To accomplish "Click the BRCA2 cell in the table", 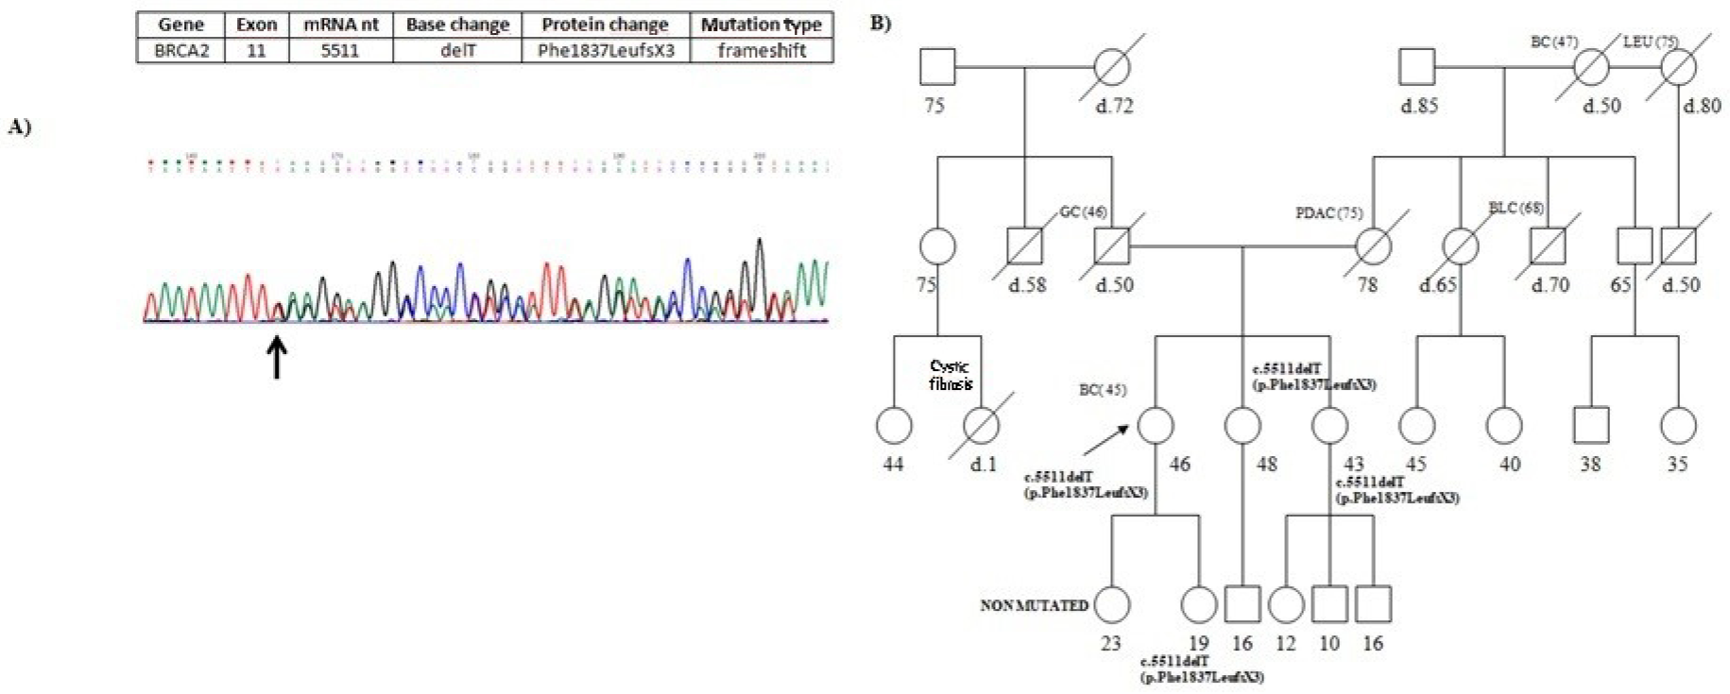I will point(181,51).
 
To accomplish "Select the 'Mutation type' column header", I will point(761,25).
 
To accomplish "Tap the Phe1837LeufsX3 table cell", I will point(606,51).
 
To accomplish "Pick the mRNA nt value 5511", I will point(340,51).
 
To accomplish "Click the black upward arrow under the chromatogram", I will point(277,358).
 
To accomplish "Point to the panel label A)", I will point(20,127).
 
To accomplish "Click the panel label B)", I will point(880,23).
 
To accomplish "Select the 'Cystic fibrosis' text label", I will point(950,375).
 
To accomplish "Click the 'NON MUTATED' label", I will point(1034,605).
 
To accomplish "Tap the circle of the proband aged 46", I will point(1155,426).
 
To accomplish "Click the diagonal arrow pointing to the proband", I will point(1105,441).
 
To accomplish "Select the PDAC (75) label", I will point(1328,213).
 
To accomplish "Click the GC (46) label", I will point(1083,212).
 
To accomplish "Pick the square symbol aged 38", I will point(1591,426).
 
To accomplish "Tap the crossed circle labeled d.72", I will point(1112,68).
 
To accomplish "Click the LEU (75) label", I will point(1650,42).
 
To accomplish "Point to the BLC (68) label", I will point(1516,208).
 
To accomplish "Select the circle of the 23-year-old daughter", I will point(1111,605).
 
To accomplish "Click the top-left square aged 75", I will point(937,68).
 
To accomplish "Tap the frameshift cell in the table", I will point(761,51).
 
